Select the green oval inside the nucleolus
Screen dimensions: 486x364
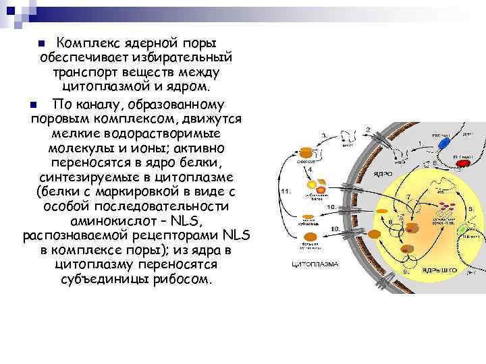pos(461,231)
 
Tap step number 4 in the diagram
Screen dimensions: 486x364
pos(310,169)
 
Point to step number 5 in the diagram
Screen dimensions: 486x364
pos(470,210)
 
